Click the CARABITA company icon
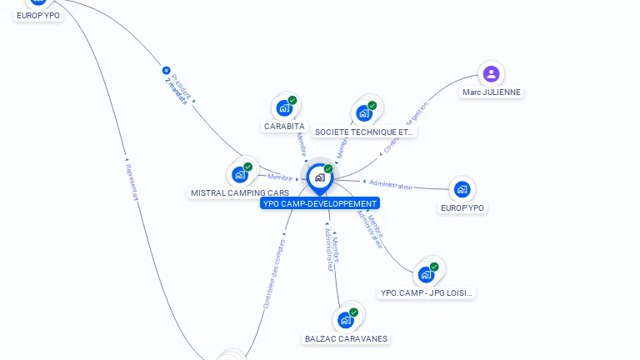(284, 107)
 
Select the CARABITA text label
(284, 127)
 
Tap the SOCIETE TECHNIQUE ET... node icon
(364, 112)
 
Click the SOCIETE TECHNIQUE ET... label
(364, 132)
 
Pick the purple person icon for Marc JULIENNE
(491, 73)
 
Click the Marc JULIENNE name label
(492, 92)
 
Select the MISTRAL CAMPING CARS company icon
(240, 174)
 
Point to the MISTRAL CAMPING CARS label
(240, 193)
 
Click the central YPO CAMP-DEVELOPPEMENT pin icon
(319, 177)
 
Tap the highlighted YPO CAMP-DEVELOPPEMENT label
(320, 203)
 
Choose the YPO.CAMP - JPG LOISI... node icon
(427, 274)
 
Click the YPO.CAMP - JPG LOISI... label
(427, 293)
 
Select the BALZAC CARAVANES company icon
(346, 320)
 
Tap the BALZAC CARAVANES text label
(346, 339)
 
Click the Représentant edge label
(131, 182)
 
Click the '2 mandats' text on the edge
(177, 90)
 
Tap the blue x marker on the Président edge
(167, 71)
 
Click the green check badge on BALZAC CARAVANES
(354, 312)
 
